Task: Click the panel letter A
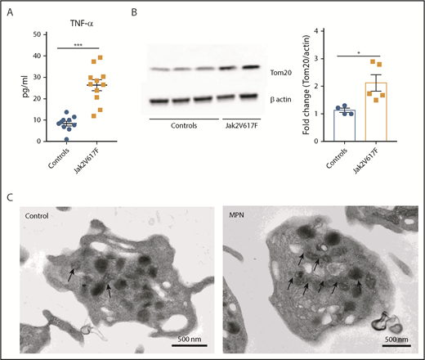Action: pos(9,11)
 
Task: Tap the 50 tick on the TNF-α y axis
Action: pos(33,34)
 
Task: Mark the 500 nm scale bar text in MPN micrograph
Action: pos(396,339)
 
